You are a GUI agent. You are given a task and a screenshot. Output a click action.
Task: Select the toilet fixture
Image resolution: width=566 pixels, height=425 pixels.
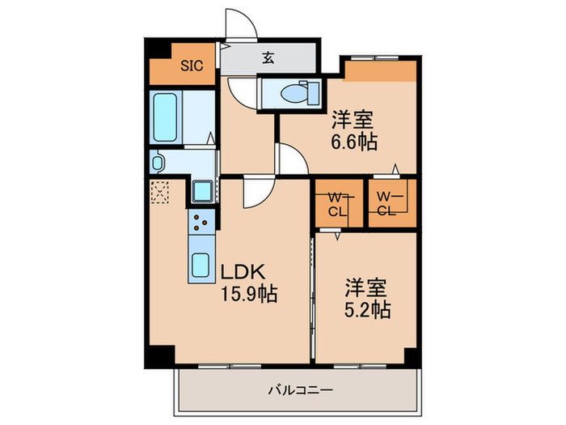coord(292,92)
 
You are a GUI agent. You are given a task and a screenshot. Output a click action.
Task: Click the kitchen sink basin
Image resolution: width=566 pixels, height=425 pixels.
coord(199,266)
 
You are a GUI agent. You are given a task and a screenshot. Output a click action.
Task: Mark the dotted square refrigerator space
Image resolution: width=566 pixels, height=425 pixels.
coord(160,192)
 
